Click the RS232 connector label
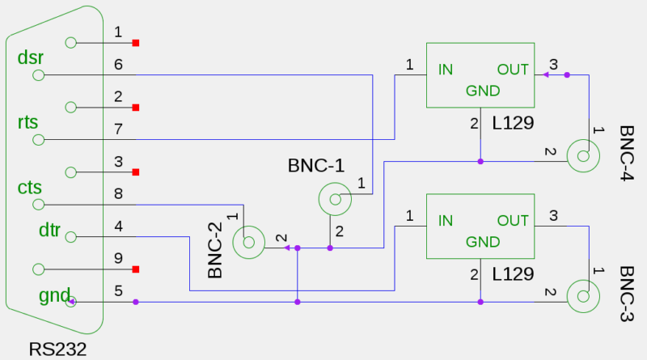tap(57, 349)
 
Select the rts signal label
tap(27, 123)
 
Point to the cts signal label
tap(29, 187)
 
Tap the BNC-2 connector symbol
tap(248, 242)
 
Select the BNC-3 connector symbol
tap(583, 296)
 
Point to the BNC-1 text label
tap(316, 166)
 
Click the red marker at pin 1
tap(136, 43)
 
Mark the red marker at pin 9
tap(136, 269)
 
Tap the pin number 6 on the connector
tap(118, 65)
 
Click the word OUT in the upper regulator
tap(513, 70)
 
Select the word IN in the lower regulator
tap(446, 220)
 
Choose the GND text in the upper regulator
tap(483, 91)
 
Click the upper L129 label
tap(513, 123)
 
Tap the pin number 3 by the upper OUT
tap(553, 65)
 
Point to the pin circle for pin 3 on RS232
tap(71, 172)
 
